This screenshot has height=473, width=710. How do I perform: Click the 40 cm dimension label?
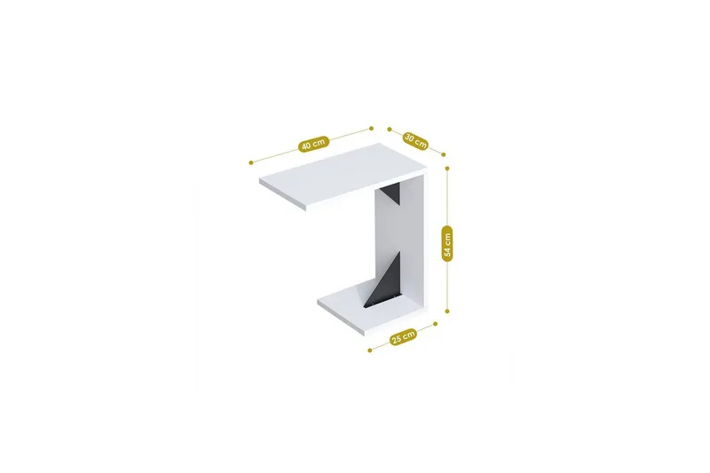tap(313, 144)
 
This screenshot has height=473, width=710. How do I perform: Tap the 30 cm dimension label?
tap(415, 139)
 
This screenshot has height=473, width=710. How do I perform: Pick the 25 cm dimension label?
tap(403, 336)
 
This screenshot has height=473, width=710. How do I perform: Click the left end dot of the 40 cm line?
tap(252, 162)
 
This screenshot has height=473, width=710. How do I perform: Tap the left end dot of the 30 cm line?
tap(388, 128)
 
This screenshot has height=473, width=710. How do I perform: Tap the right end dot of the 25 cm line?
tap(437, 325)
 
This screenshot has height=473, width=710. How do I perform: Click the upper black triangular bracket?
tap(391, 195)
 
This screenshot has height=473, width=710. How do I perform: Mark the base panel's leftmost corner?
tap(317, 307)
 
